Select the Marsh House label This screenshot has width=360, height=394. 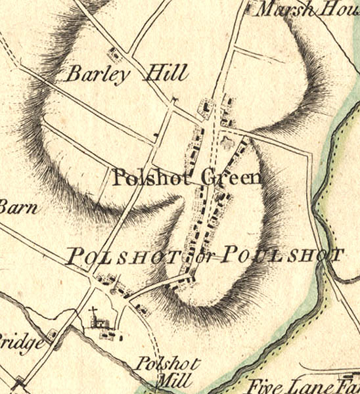(305, 9)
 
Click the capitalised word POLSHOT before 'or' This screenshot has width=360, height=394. (128, 256)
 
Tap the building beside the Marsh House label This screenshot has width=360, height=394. (248, 9)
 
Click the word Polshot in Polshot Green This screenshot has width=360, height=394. (155, 177)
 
